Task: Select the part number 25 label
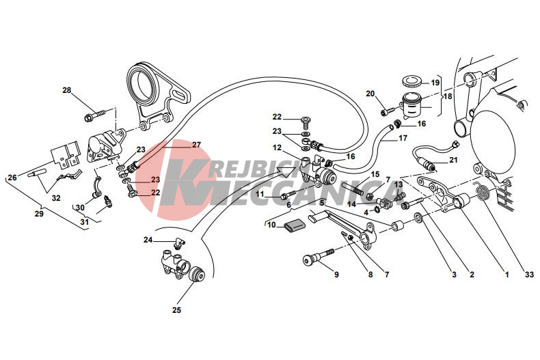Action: [x=176, y=310]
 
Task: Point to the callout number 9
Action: [x=336, y=275]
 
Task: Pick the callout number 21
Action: [x=454, y=161]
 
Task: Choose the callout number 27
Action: [x=196, y=145]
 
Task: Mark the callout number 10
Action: [x=271, y=224]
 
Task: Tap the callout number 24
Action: [x=148, y=239]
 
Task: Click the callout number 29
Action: [x=39, y=214]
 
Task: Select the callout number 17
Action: [x=403, y=137]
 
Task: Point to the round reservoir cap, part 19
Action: [x=412, y=82]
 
